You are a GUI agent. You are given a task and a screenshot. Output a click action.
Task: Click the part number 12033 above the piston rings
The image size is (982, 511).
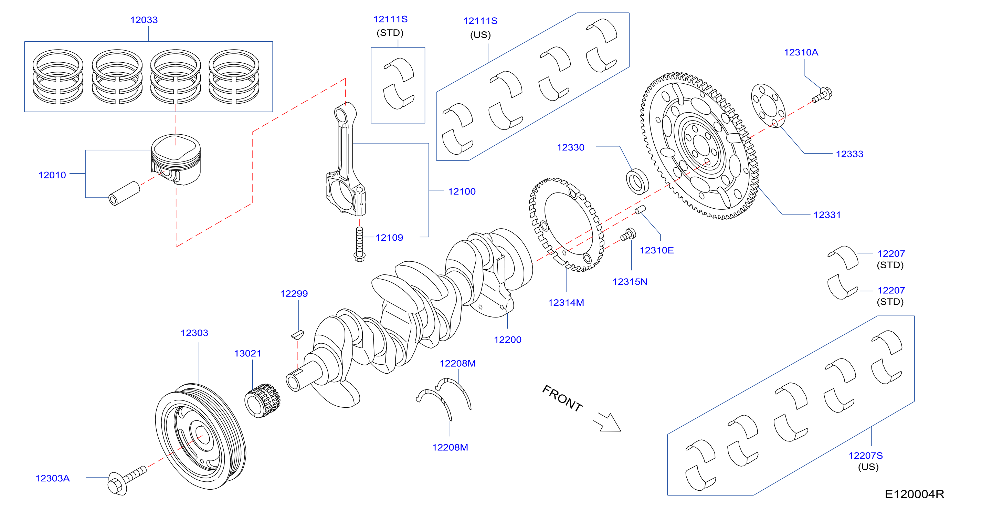coord(144,20)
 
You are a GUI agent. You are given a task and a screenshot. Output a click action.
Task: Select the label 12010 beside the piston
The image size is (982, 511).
coord(52,175)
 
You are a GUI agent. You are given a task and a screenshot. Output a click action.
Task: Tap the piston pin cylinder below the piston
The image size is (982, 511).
coord(124,193)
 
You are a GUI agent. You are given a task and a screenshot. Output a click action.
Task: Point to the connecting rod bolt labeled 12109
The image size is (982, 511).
coord(359,244)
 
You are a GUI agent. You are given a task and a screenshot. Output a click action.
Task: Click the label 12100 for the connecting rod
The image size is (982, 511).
coord(462,191)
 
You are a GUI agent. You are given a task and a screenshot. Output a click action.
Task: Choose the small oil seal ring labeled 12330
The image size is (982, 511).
coord(637,181)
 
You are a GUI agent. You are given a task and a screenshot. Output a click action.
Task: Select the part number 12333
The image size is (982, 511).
coord(849,154)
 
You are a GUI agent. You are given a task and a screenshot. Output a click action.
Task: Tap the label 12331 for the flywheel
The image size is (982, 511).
coord(827,215)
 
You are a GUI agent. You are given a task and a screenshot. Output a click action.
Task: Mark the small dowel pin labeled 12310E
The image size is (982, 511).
coord(640,209)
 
